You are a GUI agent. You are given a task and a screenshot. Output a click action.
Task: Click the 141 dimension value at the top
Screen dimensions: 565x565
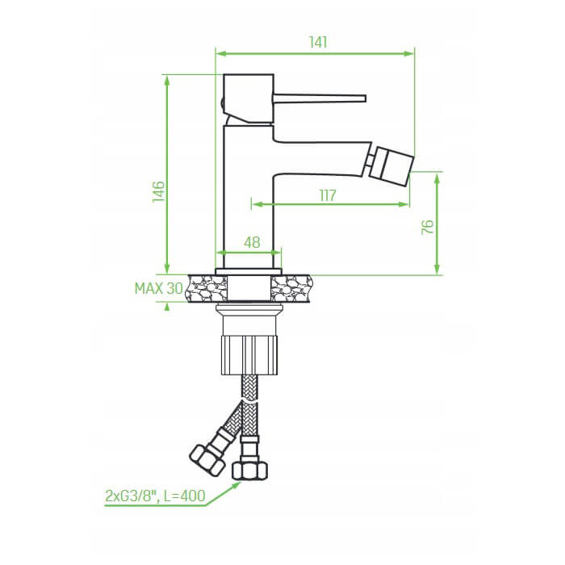pos(319,42)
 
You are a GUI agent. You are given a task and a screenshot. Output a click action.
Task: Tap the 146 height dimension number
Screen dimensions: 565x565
pos(158,191)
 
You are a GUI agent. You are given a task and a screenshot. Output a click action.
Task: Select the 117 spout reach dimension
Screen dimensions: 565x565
pos(328,195)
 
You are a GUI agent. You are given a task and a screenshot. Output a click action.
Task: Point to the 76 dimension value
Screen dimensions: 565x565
pos(428,227)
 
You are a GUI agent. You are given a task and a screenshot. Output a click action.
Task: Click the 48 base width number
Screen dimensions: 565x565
pos(252,242)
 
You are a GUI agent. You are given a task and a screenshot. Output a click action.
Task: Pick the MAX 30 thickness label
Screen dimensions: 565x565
pos(159,288)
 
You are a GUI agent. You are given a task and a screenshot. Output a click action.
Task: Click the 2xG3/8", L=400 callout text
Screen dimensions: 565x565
pos(155,496)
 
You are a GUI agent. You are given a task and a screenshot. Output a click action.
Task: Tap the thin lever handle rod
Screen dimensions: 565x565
pos(320,98)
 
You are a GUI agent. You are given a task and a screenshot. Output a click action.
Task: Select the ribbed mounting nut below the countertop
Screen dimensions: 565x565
pos(249,355)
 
